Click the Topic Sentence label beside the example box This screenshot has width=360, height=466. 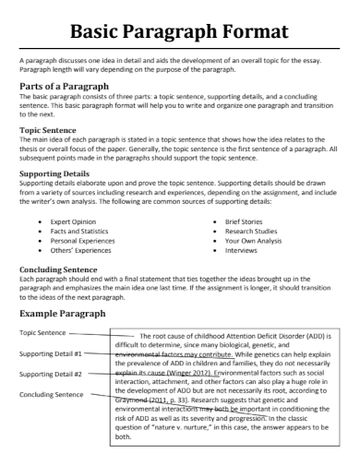coord(42,332)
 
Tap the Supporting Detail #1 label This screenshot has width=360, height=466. coord(51,353)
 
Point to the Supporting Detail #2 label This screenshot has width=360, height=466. coord(51,374)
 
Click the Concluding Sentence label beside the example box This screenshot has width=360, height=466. coord(50,395)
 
